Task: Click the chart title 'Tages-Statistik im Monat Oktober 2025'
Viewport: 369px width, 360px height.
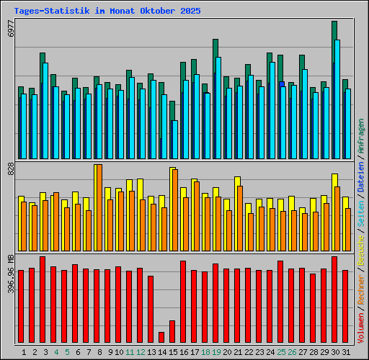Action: pyautogui.click(x=107, y=12)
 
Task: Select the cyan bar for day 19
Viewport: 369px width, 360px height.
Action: pyautogui.click(x=218, y=108)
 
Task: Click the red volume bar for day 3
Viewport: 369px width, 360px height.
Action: pyautogui.click(x=43, y=300)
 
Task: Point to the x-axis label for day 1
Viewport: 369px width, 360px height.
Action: pyautogui.click(x=25, y=352)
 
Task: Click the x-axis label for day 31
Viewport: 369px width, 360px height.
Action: pyautogui.click(x=346, y=352)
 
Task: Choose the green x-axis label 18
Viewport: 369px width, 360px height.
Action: pyautogui.click(x=206, y=352)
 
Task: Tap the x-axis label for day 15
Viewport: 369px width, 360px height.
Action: pyautogui.click(x=174, y=352)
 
